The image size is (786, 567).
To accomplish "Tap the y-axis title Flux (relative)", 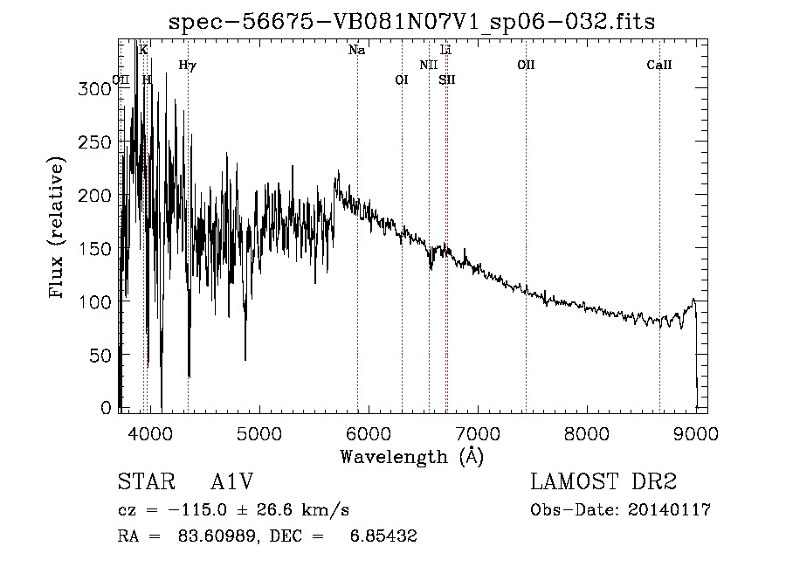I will [59, 229].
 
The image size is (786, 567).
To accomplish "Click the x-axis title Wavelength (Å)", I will [411, 455].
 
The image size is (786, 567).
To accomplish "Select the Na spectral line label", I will [356, 51].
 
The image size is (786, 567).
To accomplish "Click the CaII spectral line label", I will [659, 66].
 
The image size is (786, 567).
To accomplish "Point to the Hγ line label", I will [187, 66].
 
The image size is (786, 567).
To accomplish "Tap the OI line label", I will [402, 80].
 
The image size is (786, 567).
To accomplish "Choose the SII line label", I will [447, 80].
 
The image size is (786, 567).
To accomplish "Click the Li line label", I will [445, 51].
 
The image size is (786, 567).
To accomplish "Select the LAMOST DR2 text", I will [603, 482].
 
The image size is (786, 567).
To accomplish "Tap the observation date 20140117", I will [671, 510].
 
